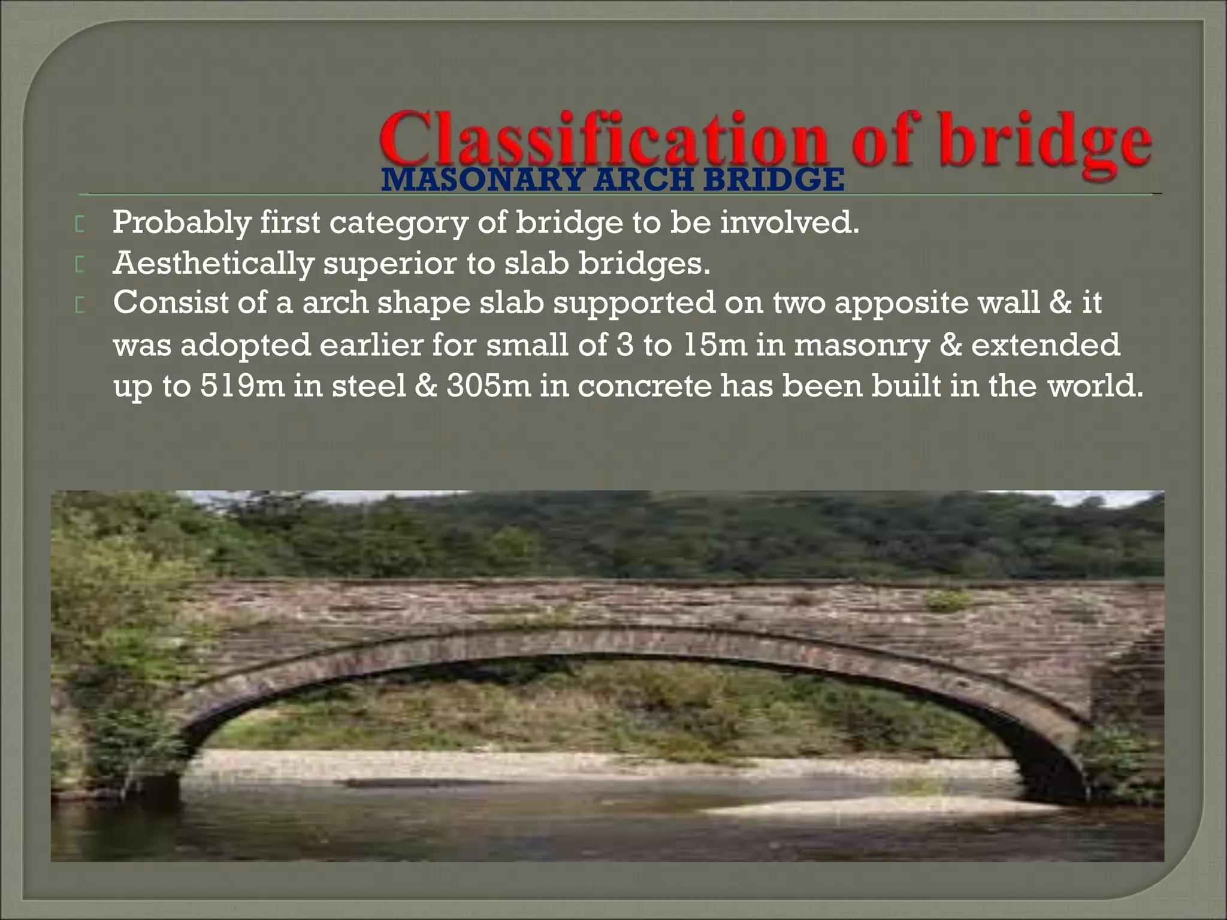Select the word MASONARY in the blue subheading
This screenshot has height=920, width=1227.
(482, 180)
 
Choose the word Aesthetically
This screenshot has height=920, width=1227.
(213, 264)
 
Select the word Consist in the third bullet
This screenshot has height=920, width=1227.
(170, 302)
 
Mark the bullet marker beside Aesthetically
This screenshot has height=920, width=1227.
(80, 265)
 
